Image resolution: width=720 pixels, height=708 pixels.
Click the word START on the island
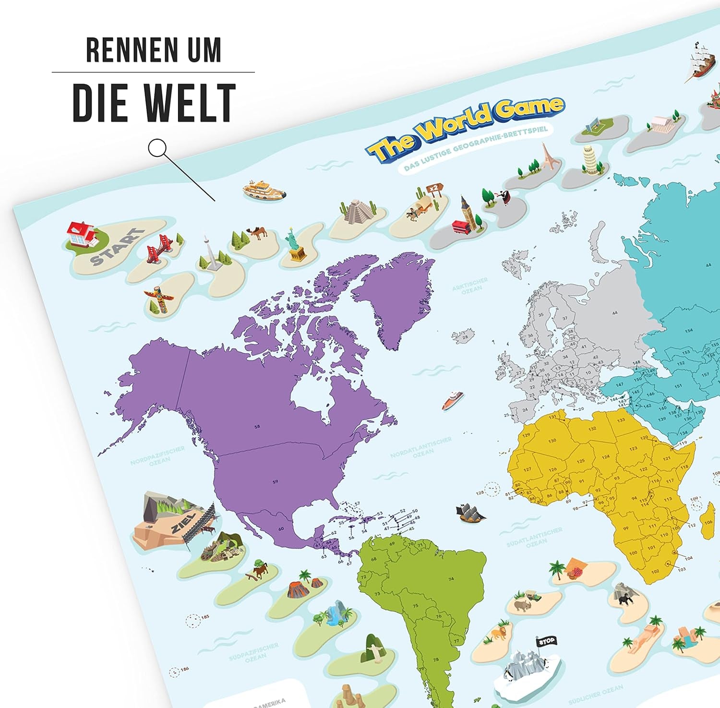(x=117, y=247)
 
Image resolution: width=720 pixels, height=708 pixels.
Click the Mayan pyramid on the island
(x=358, y=211)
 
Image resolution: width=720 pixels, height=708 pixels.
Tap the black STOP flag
(x=546, y=641)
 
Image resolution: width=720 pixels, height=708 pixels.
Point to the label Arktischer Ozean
(x=470, y=285)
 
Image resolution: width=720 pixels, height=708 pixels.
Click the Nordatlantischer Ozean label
(x=421, y=447)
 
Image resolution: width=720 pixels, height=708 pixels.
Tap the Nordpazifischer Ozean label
(x=158, y=456)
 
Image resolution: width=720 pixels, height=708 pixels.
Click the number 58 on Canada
(x=257, y=426)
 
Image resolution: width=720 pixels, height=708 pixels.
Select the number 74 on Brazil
(x=452, y=579)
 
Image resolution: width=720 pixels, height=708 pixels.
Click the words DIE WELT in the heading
(x=154, y=103)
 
